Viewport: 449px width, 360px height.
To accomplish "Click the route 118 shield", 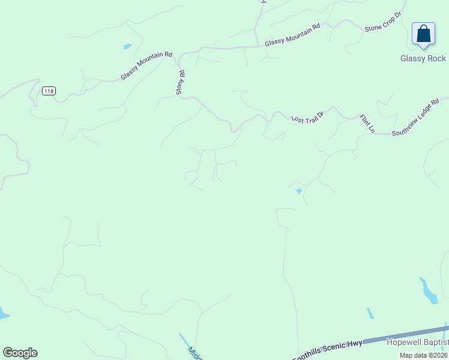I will coord(49,91).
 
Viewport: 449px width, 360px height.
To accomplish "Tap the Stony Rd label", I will coord(179,82).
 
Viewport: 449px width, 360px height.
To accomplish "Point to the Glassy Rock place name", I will coord(423,58).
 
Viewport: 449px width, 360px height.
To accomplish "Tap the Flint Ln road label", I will coord(367,124).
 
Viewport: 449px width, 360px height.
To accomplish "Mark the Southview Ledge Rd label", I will coord(416,117).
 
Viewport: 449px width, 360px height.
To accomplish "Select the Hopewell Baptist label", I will coord(418,342).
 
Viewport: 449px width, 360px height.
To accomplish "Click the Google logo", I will coord(20,352).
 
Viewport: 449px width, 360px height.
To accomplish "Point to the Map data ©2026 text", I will coord(423,355).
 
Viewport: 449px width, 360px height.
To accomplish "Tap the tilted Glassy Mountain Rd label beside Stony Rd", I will coord(146,65).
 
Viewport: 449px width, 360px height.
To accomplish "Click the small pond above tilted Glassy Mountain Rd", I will coord(127,46).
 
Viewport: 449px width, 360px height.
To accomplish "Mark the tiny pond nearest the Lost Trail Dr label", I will coord(299,191).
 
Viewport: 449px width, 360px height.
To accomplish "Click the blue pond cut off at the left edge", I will coord(3,313).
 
